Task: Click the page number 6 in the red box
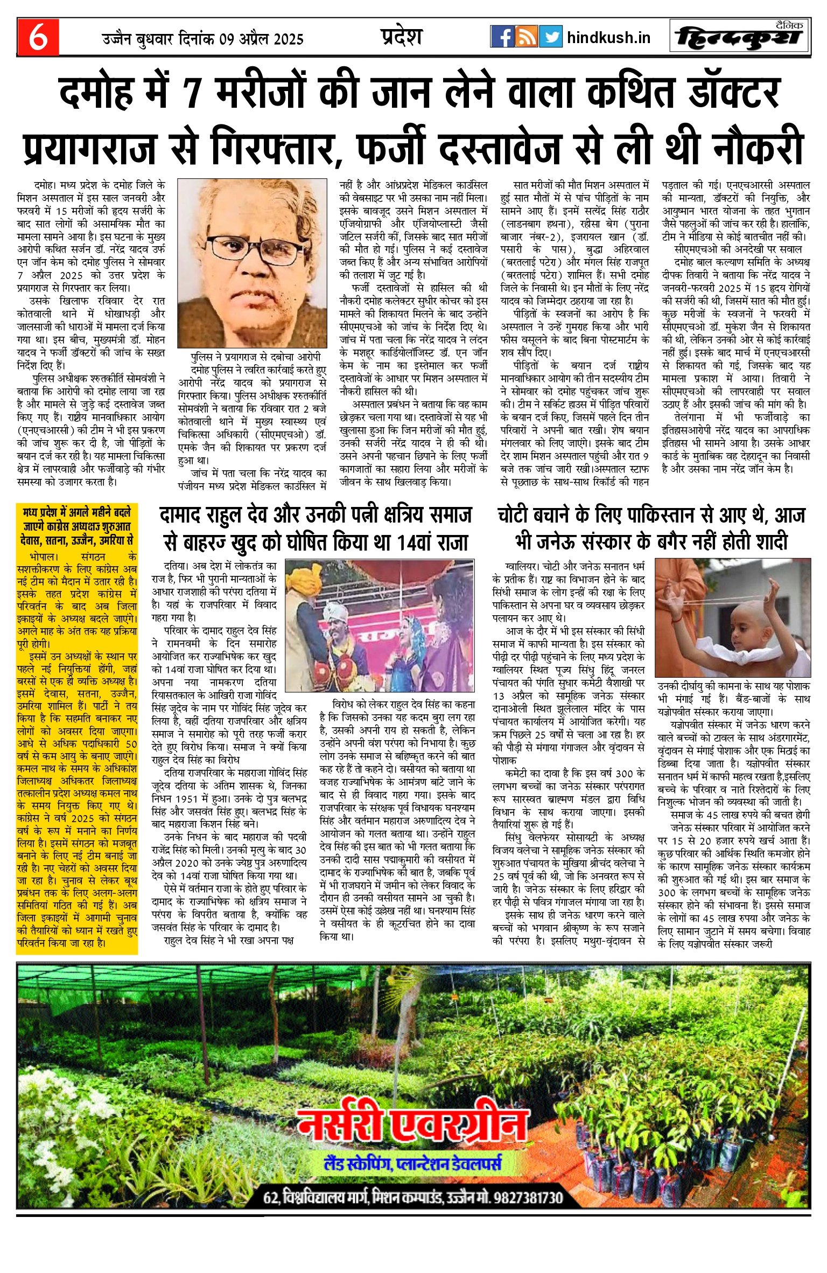(38, 37)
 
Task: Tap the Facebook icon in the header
(502, 37)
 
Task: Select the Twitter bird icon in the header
(550, 37)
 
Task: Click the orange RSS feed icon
(526, 37)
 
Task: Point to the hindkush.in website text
(608, 38)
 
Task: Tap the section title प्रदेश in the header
(401, 37)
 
